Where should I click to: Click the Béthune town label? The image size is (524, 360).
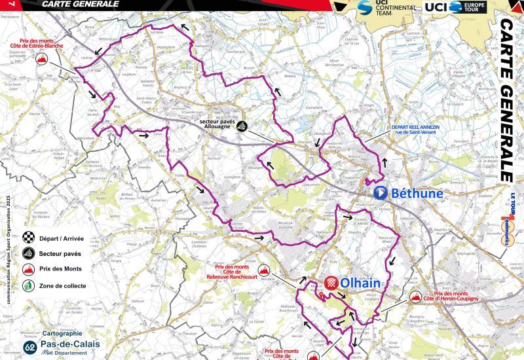(417, 194)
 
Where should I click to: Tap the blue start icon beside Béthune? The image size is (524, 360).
(380, 194)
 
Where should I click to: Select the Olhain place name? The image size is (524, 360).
(361, 283)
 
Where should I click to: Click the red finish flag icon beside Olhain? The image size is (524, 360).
(331, 283)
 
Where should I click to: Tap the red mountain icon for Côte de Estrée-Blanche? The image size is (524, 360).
(42, 60)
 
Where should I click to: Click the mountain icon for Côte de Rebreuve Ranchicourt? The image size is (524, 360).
(265, 270)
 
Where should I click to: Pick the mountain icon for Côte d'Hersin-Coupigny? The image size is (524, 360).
(415, 297)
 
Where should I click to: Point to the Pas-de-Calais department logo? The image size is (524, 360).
(55, 347)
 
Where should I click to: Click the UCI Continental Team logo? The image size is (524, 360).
(386, 8)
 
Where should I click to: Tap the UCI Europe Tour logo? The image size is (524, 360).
(455, 7)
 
